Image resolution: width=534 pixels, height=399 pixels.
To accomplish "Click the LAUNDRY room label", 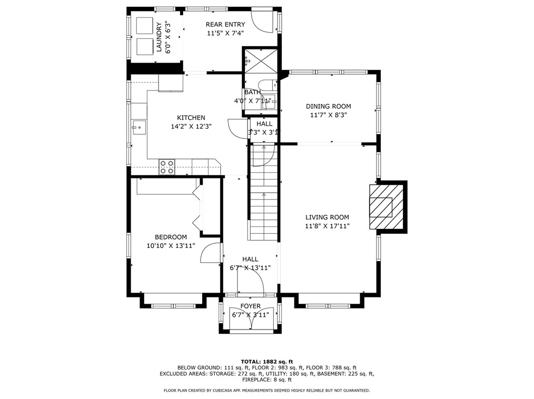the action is pos(159,37).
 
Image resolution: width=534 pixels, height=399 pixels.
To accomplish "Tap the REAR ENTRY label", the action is pos(225,25).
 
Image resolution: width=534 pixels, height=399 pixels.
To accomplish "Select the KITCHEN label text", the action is pos(191,118).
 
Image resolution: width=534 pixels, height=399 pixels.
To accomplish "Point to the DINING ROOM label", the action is pos(328,106).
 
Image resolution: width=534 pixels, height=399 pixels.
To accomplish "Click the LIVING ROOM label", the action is pos(327,217).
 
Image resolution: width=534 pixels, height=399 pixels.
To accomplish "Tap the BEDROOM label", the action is pos(171,237).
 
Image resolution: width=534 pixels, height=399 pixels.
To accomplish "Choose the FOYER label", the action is pos(250,306).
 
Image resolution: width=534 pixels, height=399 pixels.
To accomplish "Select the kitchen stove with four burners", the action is pos(167,167).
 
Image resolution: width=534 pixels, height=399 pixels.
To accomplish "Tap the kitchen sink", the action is pos(139,127).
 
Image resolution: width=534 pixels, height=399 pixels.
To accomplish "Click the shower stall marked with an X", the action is pos(261,62).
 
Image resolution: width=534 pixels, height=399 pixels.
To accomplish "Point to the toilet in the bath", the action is pos(266,84).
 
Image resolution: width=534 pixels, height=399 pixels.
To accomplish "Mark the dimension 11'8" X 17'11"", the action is pos(327,226).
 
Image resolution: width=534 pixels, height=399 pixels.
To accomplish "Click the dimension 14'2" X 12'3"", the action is pos(191,127).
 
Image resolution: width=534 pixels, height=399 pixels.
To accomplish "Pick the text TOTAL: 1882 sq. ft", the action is pos(267,362).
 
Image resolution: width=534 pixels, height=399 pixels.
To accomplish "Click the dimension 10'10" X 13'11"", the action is pos(171,245).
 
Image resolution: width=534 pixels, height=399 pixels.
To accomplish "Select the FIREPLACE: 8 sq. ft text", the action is pos(267,380).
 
